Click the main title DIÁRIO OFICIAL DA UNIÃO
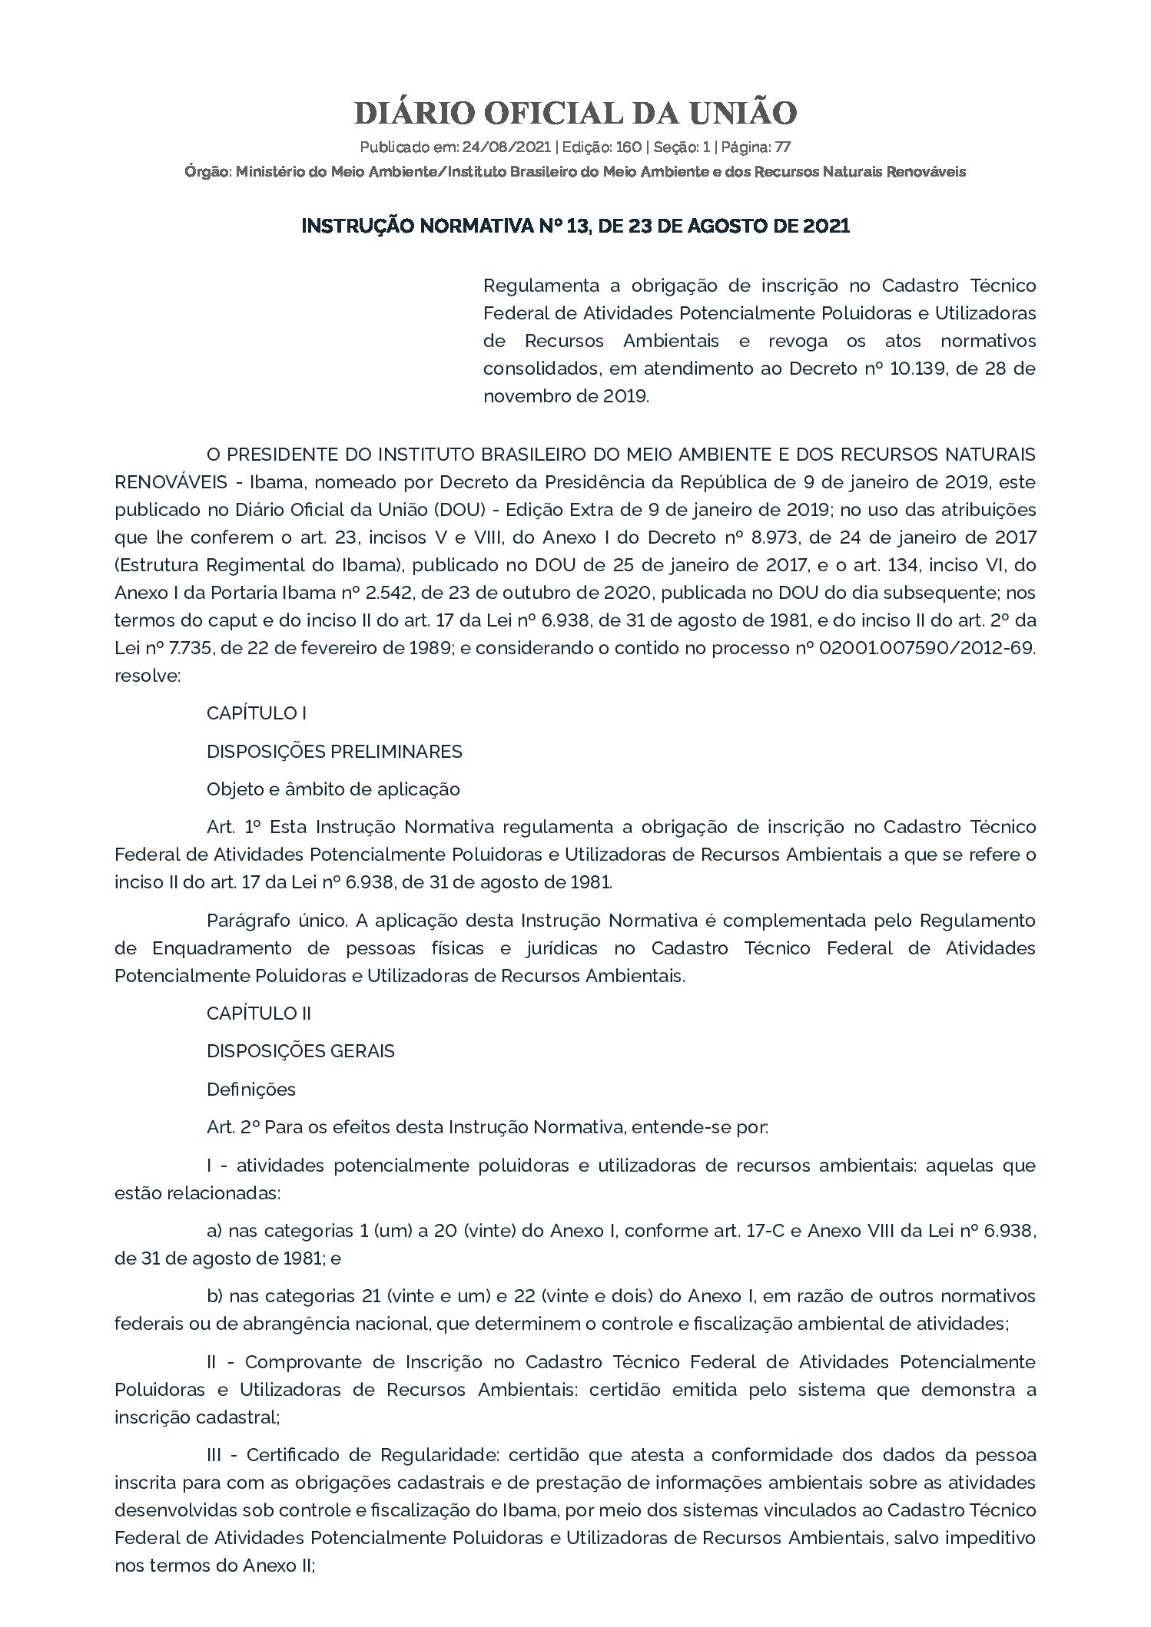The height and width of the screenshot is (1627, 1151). click(x=575, y=114)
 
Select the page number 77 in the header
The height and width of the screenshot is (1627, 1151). click(x=783, y=147)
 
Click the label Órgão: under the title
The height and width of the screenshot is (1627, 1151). click(x=208, y=172)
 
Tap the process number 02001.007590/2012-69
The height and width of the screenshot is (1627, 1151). click(x=927, y=648)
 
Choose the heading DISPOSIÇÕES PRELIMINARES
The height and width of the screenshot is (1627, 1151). click(x=334, y=752)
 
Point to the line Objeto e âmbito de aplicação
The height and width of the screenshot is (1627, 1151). click(x=333, y=789)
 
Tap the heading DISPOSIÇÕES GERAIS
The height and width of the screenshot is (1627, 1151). click(x=300, y=1051)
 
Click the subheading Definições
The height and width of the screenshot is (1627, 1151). click(x=251, y=1090)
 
